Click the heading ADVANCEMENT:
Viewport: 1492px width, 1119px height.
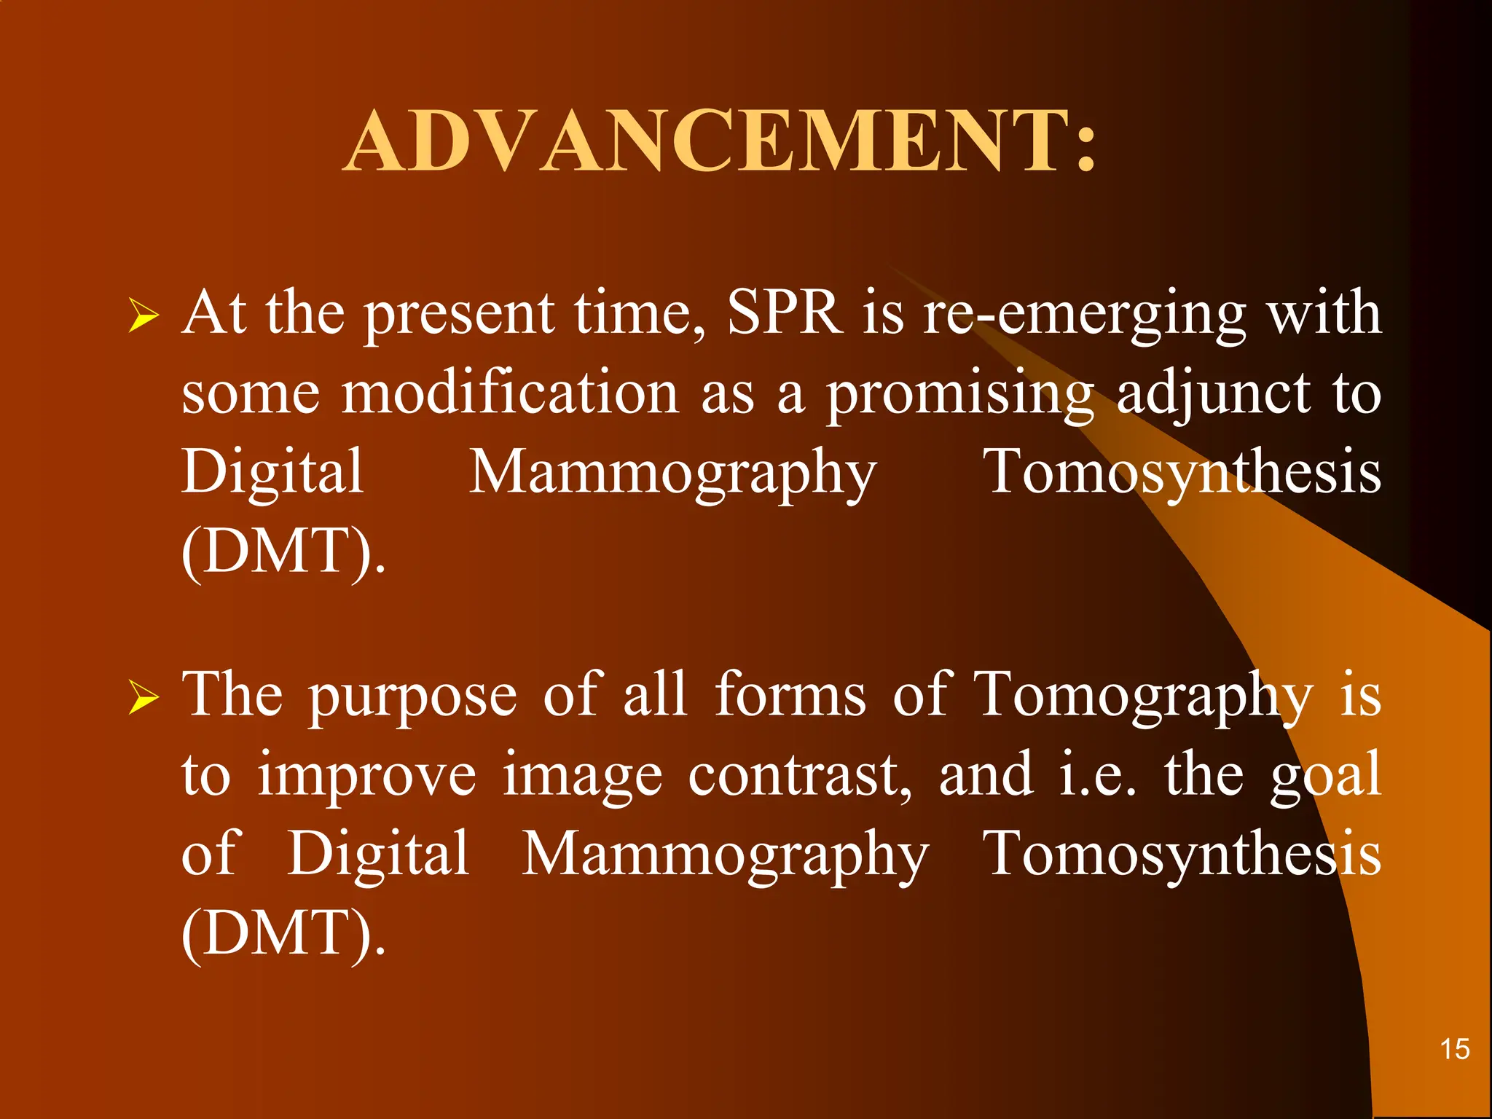[x=720, y=142]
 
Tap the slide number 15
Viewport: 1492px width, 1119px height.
[x=1454, y=1050]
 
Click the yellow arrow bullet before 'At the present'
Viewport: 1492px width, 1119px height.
[x=144, y=315]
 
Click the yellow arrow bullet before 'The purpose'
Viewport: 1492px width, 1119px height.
[x=144, y=697]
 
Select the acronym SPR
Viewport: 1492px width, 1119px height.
[x=784, y=313]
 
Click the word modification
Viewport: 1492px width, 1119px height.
[x=510, y=393]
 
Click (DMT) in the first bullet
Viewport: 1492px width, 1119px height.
[x=283, y=552]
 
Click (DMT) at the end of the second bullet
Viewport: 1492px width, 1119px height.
[x=283, y=934]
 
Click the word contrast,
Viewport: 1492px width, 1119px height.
[x=799, y=775]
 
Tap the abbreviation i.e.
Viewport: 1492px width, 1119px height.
[x=1096, y=775]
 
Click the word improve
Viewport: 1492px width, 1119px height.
[x=366, y=777]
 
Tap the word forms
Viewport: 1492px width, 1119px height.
[x=790, y=695]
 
